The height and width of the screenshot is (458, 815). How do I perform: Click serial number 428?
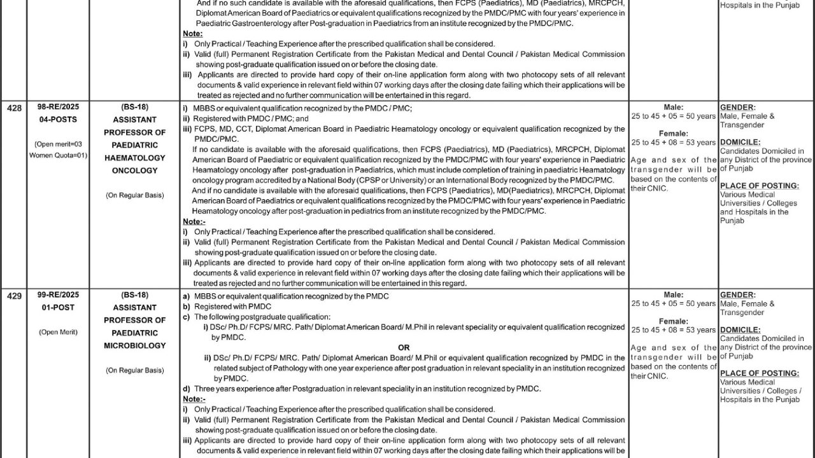[x=14, y=108]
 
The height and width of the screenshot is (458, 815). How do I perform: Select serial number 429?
[x=14, y=296]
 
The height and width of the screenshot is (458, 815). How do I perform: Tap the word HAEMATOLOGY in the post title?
[x=134, y=158]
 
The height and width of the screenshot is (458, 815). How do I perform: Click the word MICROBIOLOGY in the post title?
[x=134, y=345]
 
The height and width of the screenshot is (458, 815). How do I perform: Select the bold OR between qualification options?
[x=404, y=348]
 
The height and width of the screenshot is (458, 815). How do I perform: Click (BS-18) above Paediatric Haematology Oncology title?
[x=134, y=108]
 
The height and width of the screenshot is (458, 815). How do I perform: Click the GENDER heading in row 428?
[x=737, y=108]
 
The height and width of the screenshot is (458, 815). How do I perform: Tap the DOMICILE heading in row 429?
[x=740, y=330]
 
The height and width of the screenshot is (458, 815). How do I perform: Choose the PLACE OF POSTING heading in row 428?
[x=759, y=186]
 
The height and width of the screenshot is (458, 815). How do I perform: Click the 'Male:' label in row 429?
[x=673, y=295]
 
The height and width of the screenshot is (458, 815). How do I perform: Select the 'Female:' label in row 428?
[x=673, y=134]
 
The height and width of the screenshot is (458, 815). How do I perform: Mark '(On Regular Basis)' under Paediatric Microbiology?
[x=134, y=370]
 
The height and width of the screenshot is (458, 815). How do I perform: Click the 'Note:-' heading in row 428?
[x=194, y=221]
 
